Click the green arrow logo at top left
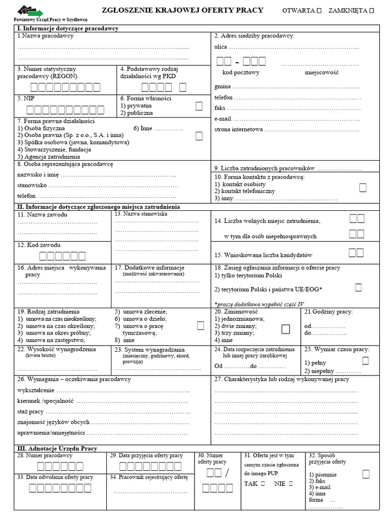(30, 10)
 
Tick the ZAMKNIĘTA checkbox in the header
(372, 11)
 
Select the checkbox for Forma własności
(199, 106)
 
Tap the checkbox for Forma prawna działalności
(199, 135)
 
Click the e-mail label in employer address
(223, 119)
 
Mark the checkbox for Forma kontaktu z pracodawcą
(363, 188)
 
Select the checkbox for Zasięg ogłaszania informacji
(358, 287)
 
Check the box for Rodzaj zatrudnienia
(201, 325)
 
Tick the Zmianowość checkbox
(286, 329)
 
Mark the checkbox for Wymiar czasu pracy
(365, 360)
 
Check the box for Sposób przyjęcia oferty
(366, 474)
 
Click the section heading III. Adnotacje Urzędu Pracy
(57, 449)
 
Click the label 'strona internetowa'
(239, 129)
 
